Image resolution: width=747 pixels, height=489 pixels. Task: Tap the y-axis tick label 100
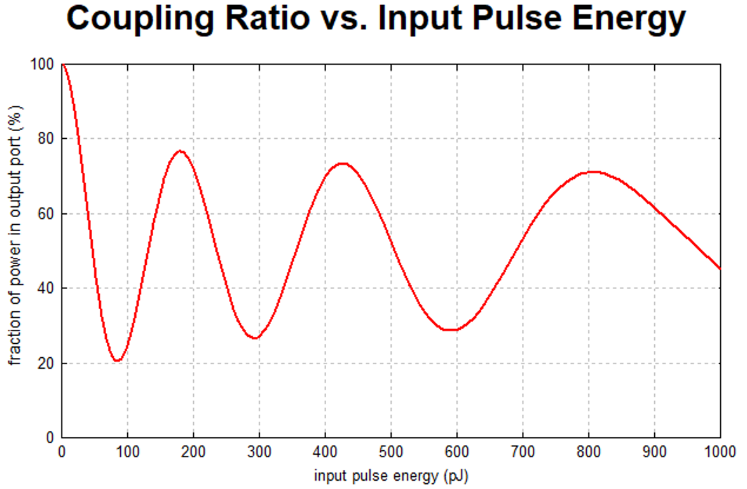[x=46, y=64]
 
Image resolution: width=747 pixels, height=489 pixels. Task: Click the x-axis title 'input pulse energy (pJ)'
[x=391, y=476]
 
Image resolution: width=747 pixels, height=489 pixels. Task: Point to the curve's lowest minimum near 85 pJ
[x=117, y=360]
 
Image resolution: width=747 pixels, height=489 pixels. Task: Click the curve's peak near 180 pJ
[x=181, y=151]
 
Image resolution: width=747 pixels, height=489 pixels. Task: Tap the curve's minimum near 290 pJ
[x=254, y=337]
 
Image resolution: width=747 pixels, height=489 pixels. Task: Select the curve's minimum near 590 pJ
[x=450, y=330]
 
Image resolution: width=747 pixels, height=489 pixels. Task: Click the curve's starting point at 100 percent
[x=62, y=64]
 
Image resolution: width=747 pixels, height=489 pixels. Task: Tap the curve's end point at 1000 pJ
[x=720, y=269]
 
